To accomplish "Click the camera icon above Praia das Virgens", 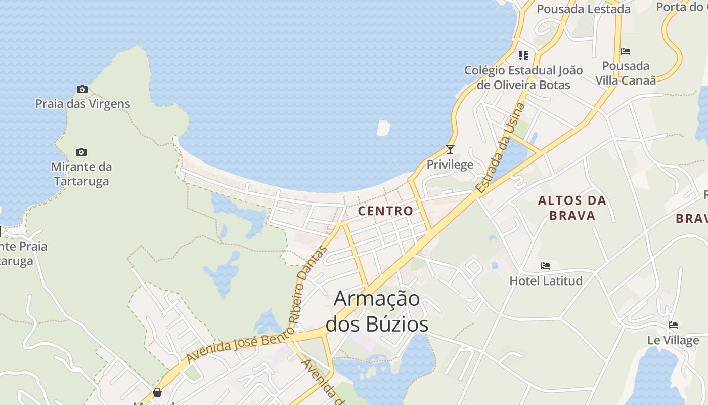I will (x=82, y=90).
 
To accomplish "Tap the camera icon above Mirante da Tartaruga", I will (x=81, y=152).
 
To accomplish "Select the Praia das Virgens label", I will (x=82, y=104).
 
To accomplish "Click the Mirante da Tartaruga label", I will (x=81, y=174).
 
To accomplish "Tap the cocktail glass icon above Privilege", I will (x=450, y=149).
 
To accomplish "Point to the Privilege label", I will (x=450, y=164).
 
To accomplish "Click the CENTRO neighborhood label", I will (x=385, y=211).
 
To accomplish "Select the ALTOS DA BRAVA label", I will (x=572, y=208).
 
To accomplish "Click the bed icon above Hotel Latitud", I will (x=546, y=265).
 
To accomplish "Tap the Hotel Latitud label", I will (x=546, y=280).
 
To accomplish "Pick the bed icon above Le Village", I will (x=673, y=325).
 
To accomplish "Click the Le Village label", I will (x=673, y=340).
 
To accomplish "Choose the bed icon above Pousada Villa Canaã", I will (x=626, y=51).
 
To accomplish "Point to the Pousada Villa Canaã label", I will (x=626, y=73).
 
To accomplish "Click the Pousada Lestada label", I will (x=584, y=9).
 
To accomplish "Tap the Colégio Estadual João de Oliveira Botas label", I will (x=523, y=77).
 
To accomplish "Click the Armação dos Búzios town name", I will (x=377, y=311).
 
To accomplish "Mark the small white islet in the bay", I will (x=383, y=128).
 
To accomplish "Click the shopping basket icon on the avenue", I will (x=157, y=392).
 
